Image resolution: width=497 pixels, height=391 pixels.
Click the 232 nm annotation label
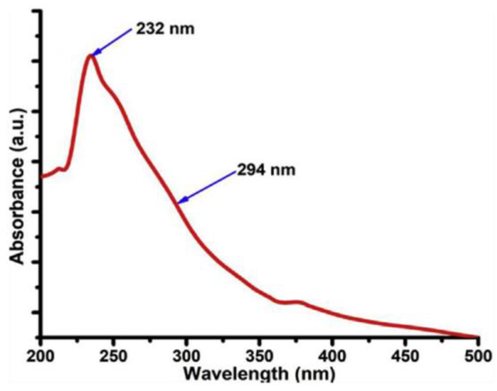[165, 29]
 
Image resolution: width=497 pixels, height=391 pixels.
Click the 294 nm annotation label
[266, 170]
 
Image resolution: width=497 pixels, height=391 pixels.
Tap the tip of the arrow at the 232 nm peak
[92, 56]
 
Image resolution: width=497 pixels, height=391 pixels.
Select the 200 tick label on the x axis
[40, 356]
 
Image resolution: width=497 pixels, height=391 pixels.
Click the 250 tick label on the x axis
[113, 356]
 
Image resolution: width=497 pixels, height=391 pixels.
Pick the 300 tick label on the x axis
[186, 356]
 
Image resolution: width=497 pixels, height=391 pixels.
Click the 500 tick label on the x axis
[478, 356]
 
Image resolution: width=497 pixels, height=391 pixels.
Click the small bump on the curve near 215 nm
[60, 169]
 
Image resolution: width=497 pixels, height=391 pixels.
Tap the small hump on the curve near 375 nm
[298, 302]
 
